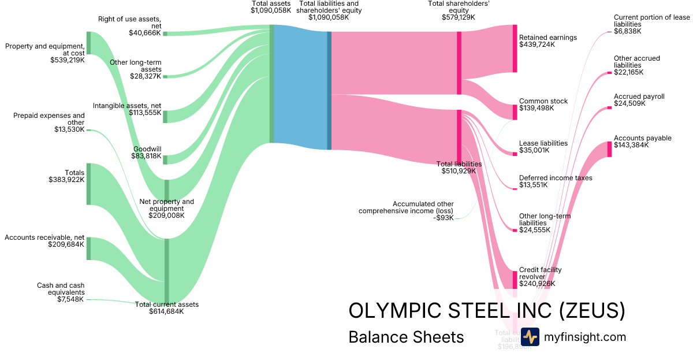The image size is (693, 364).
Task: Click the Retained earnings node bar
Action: tap(515, 49)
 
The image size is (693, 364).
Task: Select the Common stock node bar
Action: tap(515, 112)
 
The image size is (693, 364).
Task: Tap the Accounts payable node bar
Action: tap(609, 149)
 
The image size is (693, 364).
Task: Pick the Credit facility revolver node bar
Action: tap(515, 280)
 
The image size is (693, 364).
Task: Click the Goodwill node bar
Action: tap(165, 159)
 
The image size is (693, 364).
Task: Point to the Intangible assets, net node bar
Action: tap(165, 116)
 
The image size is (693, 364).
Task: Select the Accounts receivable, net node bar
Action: tap(88, 248)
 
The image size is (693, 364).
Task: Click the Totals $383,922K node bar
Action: tap(88, 184)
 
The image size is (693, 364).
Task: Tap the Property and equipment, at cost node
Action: tap(88, 43)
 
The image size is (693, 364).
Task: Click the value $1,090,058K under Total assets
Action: tap(271, 10)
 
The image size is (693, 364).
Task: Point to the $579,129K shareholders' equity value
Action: tap(459, 17)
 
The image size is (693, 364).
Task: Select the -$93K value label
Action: tap(445, 218)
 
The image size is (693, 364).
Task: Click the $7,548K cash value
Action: tap(70, 299)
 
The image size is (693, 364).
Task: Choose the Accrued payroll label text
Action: tap(639, 96)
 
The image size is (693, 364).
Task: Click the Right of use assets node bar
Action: tap(165, 34)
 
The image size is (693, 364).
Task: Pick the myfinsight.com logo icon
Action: tap(530, 337)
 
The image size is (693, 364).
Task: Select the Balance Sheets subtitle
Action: tap(406, 337)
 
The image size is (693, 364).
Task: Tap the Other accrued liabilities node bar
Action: tap(609, 73)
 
